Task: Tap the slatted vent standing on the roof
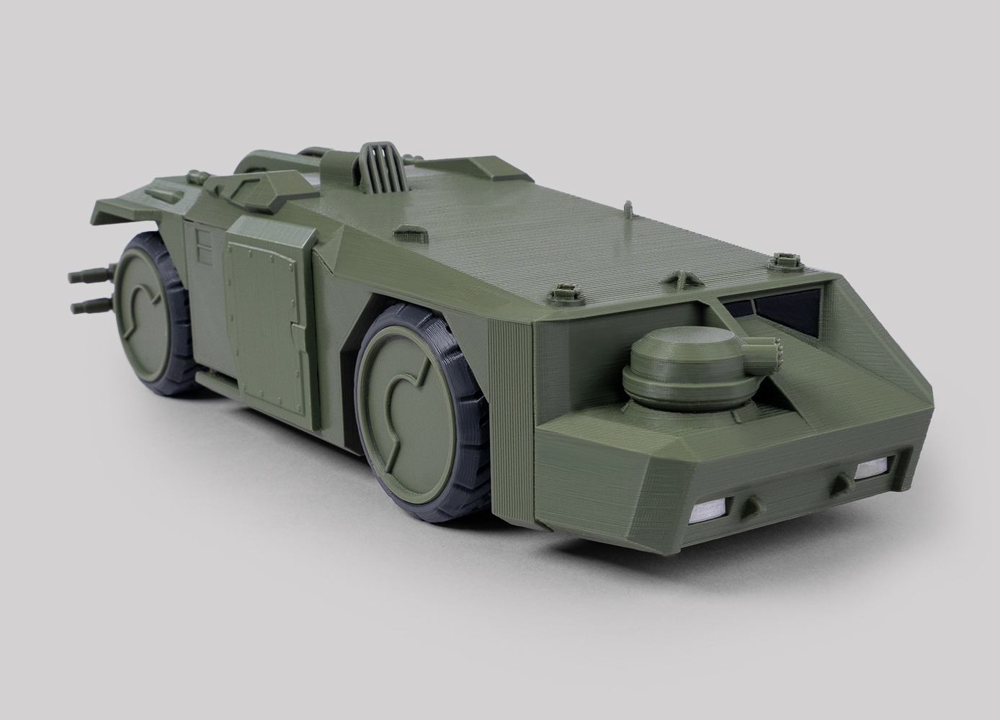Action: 371,176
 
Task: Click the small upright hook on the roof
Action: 629,209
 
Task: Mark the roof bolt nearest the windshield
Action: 781,261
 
